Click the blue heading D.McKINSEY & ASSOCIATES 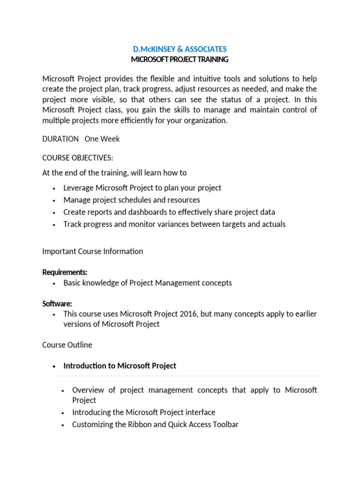[180, 49]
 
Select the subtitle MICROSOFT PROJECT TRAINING [180, 60]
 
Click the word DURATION [60, 139]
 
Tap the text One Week [102, 139]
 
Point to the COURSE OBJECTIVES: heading [78, 157]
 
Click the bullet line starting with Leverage [142, 187]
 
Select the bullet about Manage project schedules [132, 200]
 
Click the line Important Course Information [93, 251]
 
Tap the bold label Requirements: [65, 272]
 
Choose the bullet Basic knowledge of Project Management [148, 283]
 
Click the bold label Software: [57, 304]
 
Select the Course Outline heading [67, 345]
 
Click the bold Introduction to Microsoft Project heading [120, 366]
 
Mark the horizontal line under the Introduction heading [185, 376]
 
